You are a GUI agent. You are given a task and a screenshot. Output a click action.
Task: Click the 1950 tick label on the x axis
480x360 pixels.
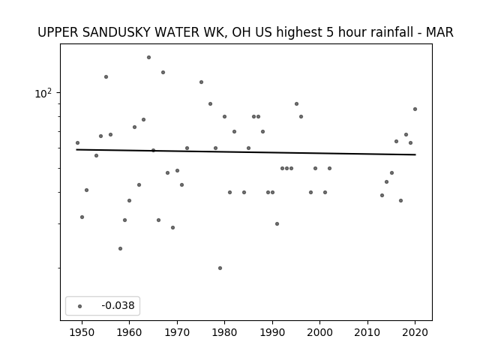(82, 332)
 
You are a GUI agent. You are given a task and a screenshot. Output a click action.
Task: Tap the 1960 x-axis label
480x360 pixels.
(130, 332)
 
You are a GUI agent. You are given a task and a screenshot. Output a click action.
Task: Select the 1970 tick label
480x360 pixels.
(177, 332)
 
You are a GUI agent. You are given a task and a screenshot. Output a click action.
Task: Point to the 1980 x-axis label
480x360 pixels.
(225, 332)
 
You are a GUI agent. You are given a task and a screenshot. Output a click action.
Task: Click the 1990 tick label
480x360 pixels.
(272, 332)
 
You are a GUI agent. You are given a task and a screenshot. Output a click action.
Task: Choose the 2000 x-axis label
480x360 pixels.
(320, 332)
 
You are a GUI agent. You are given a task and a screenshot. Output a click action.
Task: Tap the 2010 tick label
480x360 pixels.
(367, 332)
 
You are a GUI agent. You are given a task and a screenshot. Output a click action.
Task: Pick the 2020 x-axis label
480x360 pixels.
(415, 332)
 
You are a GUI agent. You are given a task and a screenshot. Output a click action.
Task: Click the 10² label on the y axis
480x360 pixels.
(43, 93)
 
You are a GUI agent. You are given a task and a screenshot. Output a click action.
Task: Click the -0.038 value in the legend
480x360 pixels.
(118, 305)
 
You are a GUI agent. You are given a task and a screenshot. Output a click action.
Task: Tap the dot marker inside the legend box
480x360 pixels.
(80, 306)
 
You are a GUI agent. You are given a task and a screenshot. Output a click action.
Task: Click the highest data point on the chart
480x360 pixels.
(148, 57)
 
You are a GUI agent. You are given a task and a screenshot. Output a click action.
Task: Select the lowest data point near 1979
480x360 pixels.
(220, 268)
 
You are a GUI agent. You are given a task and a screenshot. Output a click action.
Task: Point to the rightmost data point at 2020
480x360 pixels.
(415, 109)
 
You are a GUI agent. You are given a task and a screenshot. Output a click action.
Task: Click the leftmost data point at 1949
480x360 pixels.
(77, 143)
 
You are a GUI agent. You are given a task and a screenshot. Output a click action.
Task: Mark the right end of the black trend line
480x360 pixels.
(415, 154)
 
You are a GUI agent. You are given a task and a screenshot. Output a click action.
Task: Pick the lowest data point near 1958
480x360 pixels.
(120, 248)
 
